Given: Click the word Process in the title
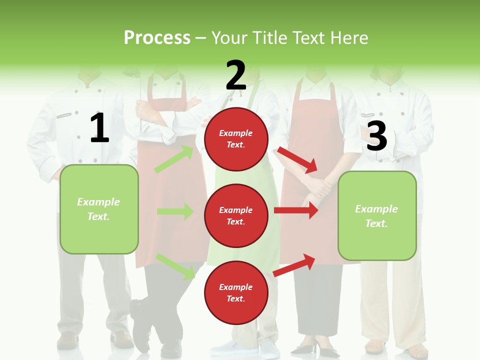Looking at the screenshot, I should coord(157,38).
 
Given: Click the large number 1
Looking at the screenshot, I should coord(99,128).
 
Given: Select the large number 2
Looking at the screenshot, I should coord(236,75).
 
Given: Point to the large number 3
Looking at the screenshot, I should coord(376,136).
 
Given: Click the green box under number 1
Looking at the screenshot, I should coord(99,209).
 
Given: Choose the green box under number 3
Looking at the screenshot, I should coord(377,216).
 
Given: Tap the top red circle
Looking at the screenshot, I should coord(236,139).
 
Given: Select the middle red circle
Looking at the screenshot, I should coord(236,215).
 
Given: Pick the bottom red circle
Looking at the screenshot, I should coord(236,292).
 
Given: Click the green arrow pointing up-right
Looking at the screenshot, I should coord(174,159).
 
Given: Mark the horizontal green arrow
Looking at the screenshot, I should coord(175,211).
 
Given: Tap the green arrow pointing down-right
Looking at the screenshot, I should coord(175,266).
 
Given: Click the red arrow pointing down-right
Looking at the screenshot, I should coord(297,159).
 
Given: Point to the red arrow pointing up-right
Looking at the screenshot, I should coord(294,265).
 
